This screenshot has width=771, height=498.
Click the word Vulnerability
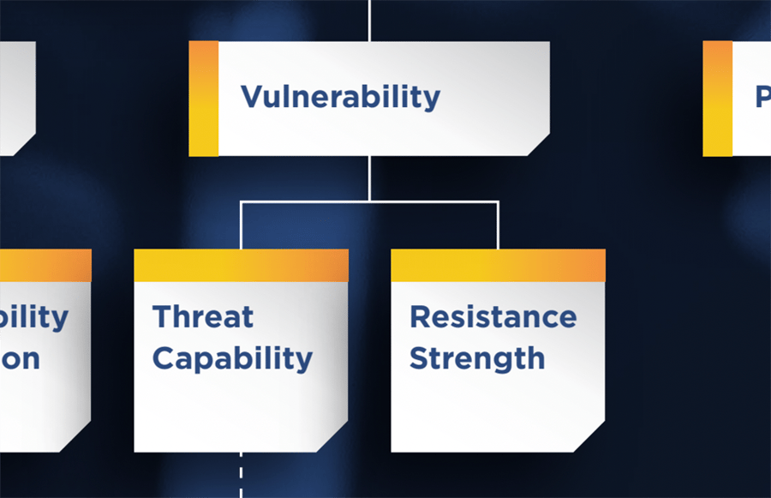coord(340,97)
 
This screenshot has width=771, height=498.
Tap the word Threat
coord(203,317)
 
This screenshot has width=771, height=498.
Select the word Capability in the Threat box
coord(232,358)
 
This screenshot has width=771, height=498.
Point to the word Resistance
coord(493,317)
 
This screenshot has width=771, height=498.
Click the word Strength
coord(476,358)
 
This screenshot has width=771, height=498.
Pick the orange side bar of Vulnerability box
coord(203,99)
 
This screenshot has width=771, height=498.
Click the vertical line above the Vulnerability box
coord(369,20)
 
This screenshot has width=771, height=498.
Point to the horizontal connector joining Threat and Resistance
coord(369,202)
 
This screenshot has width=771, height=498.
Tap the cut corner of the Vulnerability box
coord(539,146)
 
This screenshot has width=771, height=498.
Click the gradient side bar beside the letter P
coord(717,99)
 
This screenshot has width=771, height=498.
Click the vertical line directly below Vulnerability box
coord(369,178)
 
